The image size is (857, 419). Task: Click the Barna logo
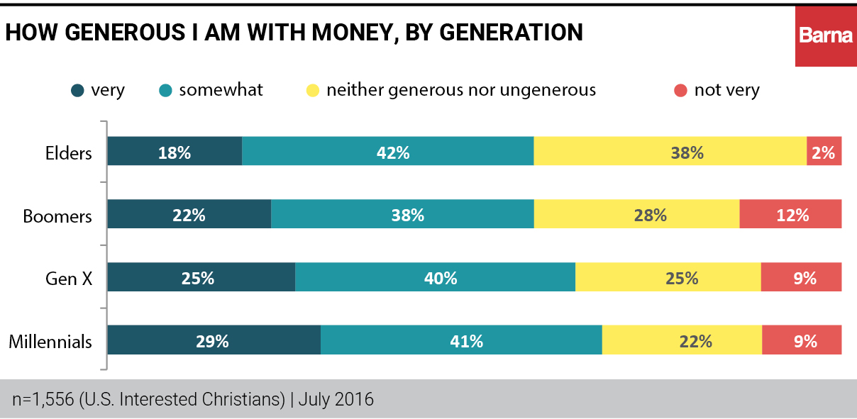[825, 34]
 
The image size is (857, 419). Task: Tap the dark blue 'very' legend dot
[78, 91]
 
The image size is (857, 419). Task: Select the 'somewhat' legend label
[221, 90]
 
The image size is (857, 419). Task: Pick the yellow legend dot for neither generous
[312, 91]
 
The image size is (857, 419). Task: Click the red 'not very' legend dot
[681, 91]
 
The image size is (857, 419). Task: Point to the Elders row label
[69, 152]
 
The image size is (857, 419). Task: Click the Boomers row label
[57, 216]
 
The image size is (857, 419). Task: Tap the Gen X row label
[69, 279]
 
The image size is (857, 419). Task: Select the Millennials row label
[50, 342]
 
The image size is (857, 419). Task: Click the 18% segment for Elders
[175, 152]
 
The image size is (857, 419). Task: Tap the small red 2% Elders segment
[824, 152]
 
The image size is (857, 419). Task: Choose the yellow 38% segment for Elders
[670, 152]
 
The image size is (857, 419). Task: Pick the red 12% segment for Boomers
[790, 215]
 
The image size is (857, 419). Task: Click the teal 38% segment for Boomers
[402, 215]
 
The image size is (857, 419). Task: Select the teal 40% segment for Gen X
[435, 278]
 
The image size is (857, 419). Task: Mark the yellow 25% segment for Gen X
[668, 278]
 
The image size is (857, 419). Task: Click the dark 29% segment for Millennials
[214, 341]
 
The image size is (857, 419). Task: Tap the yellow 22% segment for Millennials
[682, 341]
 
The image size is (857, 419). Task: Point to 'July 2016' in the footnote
[336, 399]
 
